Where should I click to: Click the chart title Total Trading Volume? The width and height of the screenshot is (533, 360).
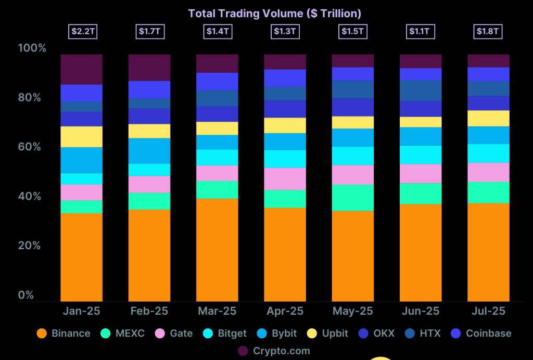tap(274, 14)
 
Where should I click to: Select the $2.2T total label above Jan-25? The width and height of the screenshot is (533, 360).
tap(82, 31)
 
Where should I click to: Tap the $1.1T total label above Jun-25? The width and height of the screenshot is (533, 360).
tap(420, 31)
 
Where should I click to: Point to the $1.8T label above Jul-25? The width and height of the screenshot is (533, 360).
tap(488, 31)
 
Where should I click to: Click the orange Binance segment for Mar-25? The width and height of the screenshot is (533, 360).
tap(217, 250)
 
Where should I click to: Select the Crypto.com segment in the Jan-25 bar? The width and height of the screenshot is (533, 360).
tap(81, 69)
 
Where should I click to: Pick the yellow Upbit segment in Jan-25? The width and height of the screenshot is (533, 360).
tap(81, 137)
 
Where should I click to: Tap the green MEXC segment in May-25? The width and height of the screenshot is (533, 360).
tap(353, 198)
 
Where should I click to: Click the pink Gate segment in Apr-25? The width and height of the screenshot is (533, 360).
tap(285, 179)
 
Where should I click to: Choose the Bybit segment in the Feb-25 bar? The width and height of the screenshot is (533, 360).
tap(149, 151)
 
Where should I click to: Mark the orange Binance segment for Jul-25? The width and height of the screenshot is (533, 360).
tap(488, 252)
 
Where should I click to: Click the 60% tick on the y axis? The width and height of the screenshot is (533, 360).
tap(32, 147)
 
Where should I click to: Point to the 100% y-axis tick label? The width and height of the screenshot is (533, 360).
tap(32, 48)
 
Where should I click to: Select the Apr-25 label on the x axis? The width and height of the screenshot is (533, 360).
tap(285, 311)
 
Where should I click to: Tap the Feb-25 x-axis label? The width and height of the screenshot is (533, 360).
tap(149, 311)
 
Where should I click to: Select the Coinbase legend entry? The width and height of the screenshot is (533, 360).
tap(481, 333)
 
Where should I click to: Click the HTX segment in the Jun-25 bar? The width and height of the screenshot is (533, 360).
tap(421, 91)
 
